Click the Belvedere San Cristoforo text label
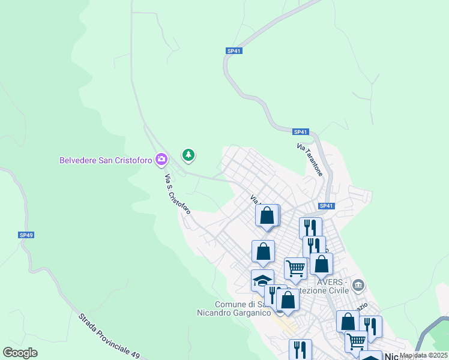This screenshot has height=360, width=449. (105, 160)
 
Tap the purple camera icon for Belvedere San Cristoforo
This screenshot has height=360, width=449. (161, 160)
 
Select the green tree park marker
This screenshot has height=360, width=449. (189, 156)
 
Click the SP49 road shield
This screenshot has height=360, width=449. (25, 235)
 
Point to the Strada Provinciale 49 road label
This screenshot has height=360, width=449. (108, 336)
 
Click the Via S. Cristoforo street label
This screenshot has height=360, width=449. (178, 194)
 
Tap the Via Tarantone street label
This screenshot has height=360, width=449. (310, 160)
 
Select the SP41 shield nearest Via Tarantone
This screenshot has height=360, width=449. (301, 132)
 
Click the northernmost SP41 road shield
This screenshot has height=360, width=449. (234, 51)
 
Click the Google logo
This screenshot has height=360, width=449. (20, 353)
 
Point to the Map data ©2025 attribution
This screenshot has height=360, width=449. (423, 355)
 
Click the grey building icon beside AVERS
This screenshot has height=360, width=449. (358, 284)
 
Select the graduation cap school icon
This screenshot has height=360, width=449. (262, 280)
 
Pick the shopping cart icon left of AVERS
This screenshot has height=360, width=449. (295, 268)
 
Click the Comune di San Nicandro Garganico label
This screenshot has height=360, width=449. (236, 308)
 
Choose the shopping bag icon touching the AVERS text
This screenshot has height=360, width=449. (321, 263)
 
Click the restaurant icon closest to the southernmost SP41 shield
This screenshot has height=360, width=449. (310, 227)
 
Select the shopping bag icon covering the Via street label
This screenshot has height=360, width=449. (267, 214)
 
